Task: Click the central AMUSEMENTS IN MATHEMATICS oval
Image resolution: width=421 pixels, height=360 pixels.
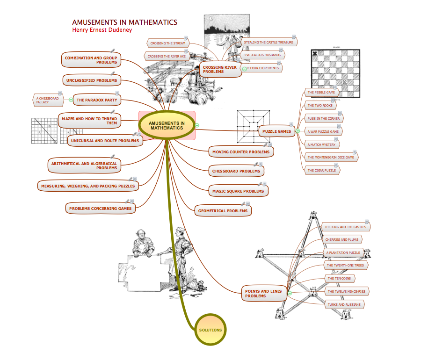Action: click(x=167, y=126)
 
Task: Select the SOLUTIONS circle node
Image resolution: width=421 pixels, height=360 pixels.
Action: click(x=210, y=330)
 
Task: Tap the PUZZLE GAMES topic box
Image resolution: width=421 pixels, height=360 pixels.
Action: click(x=276, y=131)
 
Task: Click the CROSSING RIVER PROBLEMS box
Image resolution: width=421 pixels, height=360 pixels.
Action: click(x=219, y=69)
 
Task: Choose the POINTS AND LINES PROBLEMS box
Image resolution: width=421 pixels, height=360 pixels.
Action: click(x=263, y=293)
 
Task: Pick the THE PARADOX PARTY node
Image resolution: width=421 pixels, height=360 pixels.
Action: click(x=97, y=100)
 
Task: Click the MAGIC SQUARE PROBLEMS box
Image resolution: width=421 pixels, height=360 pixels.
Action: click(x=238, y=191)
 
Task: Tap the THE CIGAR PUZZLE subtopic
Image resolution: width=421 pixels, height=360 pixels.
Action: click(x=321, y=171)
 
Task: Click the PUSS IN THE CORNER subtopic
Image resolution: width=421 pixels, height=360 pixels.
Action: click(x=324, y=118)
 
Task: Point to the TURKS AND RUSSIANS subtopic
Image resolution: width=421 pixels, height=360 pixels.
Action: click(x=344, y=304)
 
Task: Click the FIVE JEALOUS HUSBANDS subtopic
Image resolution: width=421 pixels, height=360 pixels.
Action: click(x=262, y=55)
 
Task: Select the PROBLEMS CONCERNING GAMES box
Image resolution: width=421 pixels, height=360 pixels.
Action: click(x=100, y=209)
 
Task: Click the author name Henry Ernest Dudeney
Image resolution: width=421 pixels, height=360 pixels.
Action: click(x=102, y=30)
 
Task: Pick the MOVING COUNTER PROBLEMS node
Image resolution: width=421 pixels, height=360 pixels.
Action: click(x=240, y=152)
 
